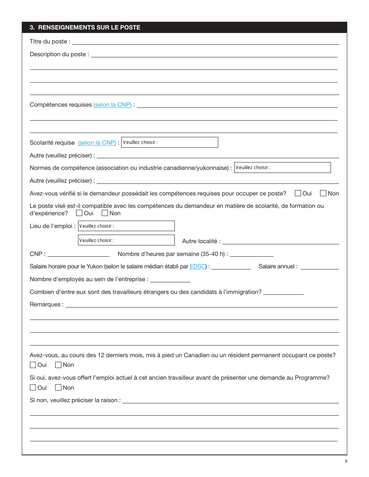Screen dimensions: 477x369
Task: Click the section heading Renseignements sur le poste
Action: pyautogui.click(x=85, y=28)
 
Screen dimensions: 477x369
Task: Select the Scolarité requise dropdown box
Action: pyautogui.click(x=169, y=142)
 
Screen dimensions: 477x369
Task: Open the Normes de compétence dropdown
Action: pyautogui.click(x=282, y=168)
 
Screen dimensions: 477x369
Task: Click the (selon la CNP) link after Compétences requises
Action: pyautogui.click(x=112, y=105)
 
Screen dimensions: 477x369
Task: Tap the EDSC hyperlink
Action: pyautogui.click(x=197, y=266)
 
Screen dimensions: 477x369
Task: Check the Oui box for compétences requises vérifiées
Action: pyautogui.click(x=298, y=193)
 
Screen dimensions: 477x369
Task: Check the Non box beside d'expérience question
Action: pyautogui.click(x=105, y=213)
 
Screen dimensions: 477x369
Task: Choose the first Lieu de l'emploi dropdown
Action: pyautogui.click(x=126, y=226)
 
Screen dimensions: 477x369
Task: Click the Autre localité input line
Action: pyautogui.click(x=280, y=241)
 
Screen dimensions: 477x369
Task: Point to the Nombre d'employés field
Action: pyautogui.click(x=170, y=279)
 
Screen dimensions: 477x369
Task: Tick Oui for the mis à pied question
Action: pyautogui.click(x=33, y=365)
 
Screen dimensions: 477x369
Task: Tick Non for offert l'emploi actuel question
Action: pyautogui.click(x=58, y=387)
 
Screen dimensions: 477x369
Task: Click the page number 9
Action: pyautogui.click(x=346, y=461)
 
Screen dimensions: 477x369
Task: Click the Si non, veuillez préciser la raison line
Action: pyautogui.click(x=230, y=400)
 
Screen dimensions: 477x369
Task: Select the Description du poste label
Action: pyautogui.click(x=59, y=54)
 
